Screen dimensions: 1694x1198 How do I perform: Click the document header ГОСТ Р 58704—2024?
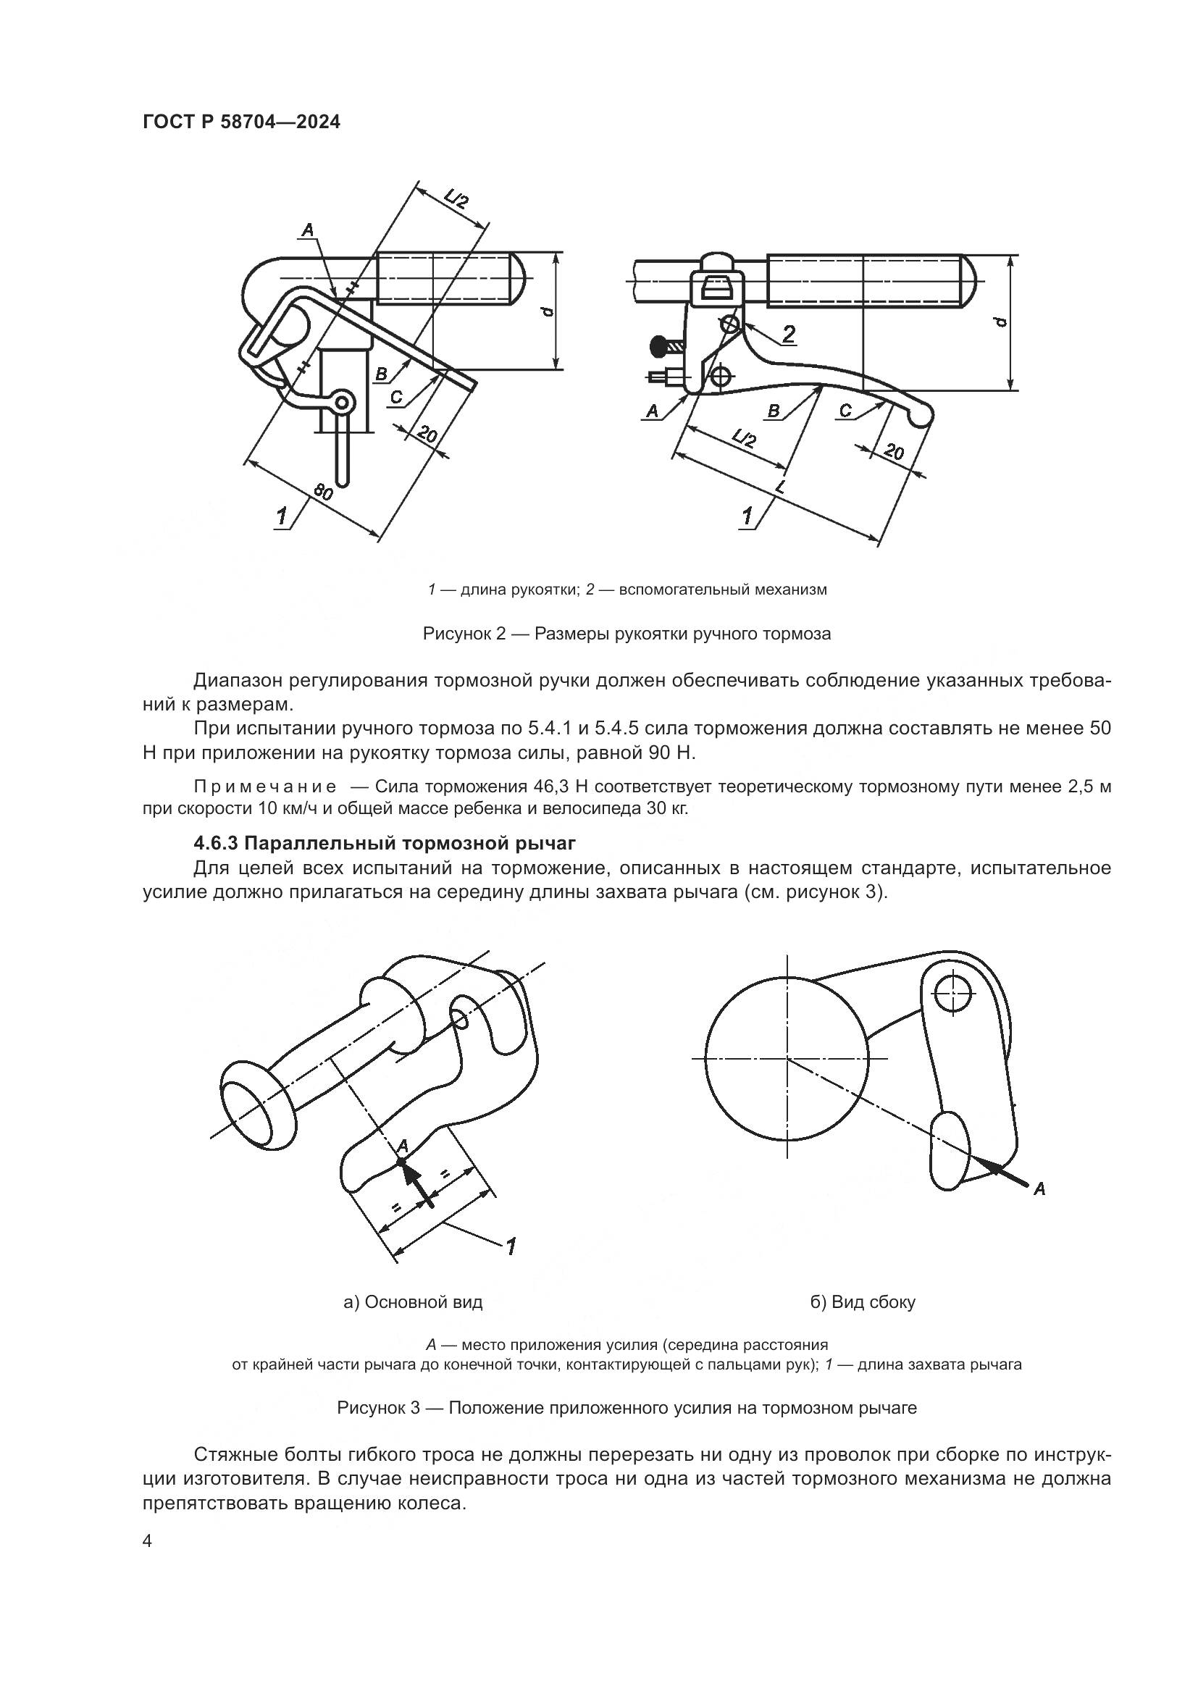pos(241,122)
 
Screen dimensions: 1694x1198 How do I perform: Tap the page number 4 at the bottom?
pos(148,1542)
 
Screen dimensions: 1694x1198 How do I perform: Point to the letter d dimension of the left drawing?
pos(547,312)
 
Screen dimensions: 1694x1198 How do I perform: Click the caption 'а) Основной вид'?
pos(413,1302)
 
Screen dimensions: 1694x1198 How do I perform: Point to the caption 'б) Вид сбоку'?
pos(863,1302)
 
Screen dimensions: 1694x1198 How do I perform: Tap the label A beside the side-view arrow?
pos(1039,1188)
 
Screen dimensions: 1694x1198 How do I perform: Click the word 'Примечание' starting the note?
pos(265,787)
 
